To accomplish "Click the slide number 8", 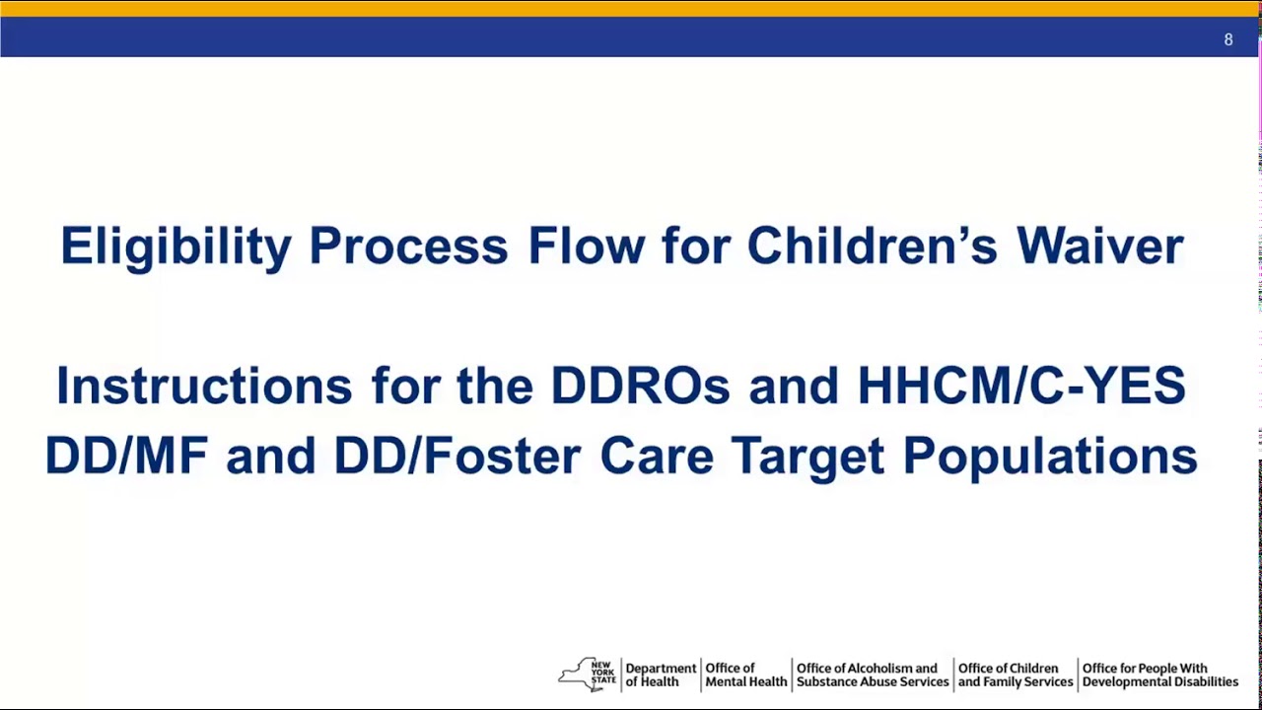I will tap(1227, 39).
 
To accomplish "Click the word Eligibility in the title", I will tap(175, 246).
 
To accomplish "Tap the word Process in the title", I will tap(408, 246).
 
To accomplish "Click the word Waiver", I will tap(1099, 246).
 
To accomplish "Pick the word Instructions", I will tap(204, 386).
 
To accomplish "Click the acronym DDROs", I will tap(640, 386).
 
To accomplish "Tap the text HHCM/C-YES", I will tap(1020, 386).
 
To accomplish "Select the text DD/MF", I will tap(125, 457).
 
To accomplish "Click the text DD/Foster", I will tap(456, 457).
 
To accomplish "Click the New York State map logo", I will tap(588, 674).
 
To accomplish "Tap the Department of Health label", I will tap(661, 674).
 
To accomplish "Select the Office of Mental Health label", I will tap(745, 674).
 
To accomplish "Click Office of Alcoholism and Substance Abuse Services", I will tap(872, 674).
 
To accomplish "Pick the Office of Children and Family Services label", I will tap(1015, 674).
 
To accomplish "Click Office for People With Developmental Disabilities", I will tap(1159, 674).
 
